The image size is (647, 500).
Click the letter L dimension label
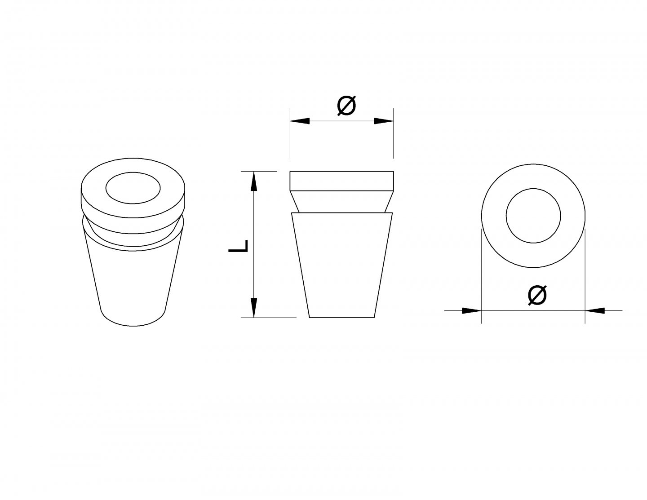tap(238, 246)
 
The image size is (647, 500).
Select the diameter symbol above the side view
tap(346, 106)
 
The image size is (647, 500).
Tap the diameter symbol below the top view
tap(537, 295)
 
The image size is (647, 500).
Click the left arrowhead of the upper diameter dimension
tap(300, 121)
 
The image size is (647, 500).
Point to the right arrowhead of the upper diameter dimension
tap(384, 121)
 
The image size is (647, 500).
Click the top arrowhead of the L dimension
tap(253, 181)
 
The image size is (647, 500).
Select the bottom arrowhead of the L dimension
tap(253, 308)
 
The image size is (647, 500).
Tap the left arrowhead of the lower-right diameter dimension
tap(472, 310)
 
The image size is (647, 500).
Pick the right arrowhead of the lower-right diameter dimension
tap(595, 310)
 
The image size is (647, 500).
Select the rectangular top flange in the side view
tap(342, 181)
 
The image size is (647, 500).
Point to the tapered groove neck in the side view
tap(342, 202)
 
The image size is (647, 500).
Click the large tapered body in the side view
tap(342, 265)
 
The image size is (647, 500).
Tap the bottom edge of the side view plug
tap(342, 318)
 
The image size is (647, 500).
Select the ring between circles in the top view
tap(494, 216)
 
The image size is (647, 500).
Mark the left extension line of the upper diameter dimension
tap(290, 133)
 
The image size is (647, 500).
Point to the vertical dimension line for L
tap(253, 244)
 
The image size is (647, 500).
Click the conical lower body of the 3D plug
tap(133, 283)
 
